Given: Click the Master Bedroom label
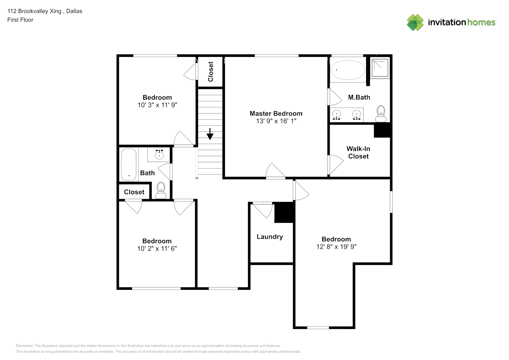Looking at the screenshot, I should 276,113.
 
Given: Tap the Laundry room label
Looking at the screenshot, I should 270,237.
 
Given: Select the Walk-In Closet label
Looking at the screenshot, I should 358,152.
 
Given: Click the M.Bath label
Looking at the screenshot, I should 359,97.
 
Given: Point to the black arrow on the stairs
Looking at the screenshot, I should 210,134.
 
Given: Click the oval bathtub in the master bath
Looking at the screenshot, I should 347,70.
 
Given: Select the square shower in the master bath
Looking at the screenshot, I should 380,68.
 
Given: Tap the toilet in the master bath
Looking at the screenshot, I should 381,113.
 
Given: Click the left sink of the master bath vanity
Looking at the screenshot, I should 336,115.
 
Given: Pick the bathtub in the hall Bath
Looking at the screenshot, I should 129,165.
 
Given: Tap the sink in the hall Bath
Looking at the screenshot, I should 159,155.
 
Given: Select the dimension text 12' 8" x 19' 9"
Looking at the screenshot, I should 336,247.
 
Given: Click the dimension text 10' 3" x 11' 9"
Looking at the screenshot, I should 157,105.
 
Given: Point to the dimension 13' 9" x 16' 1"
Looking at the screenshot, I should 276,121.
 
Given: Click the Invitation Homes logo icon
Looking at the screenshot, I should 415,22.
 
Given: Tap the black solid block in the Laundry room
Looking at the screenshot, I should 284,213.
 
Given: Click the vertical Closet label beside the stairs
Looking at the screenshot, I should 211,72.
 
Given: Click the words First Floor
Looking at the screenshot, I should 20,20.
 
